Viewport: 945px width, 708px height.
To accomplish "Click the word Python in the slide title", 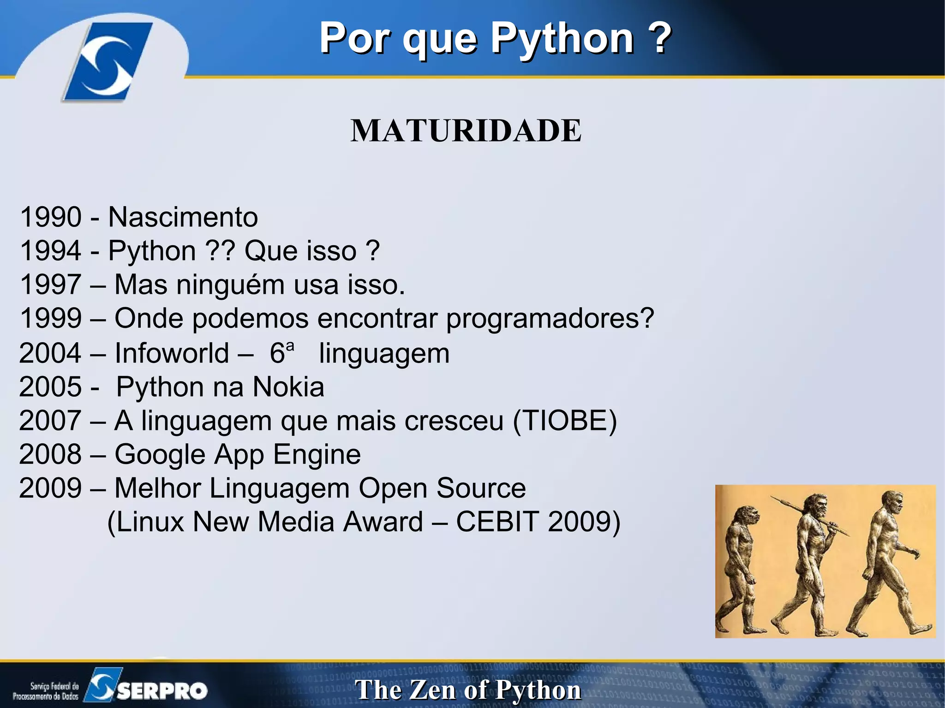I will click(562, 39).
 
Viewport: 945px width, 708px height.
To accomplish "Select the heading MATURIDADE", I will click(466, 131).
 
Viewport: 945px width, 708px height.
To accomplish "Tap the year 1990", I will click(51, 217).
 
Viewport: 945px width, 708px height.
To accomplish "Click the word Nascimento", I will click(183, 217).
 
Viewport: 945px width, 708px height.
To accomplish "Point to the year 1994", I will click(51, 251).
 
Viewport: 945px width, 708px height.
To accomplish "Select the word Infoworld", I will click(172, 353).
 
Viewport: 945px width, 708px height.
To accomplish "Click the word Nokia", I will click(288, 387).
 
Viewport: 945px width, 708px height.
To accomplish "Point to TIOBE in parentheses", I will click(565, 421).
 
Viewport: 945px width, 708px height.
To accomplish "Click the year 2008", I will click(50, 455).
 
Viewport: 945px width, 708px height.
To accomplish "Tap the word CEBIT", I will click(497, 522).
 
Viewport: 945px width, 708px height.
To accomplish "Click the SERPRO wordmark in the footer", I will click(162, 690).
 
